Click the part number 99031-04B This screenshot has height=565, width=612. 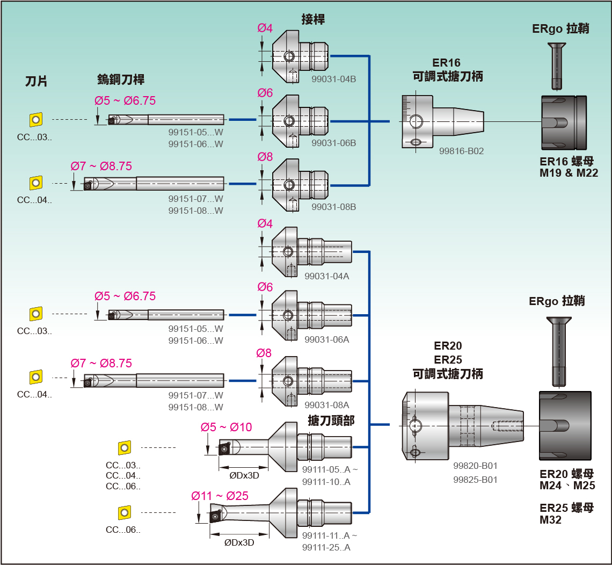[333, 79]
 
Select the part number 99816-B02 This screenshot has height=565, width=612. [461, 151]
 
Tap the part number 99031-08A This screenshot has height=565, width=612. [326, 405]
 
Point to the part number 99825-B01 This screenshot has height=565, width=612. [475, 480]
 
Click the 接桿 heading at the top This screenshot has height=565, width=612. [313, 20]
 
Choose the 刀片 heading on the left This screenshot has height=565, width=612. [37, 81]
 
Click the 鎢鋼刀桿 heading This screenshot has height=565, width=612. [121, 79]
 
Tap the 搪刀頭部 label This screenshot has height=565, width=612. [331, 421]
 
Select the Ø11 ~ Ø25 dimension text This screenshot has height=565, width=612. [220, 496]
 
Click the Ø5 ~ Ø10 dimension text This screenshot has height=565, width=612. [226, 428]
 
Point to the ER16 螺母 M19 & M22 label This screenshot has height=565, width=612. [569, 167]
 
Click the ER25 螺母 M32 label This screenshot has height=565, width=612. [567, 513]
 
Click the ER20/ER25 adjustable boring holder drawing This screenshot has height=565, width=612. [462, 426]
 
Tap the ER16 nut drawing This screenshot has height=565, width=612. [564, 122]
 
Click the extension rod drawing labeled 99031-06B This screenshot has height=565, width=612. [300, 120]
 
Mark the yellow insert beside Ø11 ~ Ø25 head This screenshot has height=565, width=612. [125, 512]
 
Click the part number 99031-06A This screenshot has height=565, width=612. [326, 339]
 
